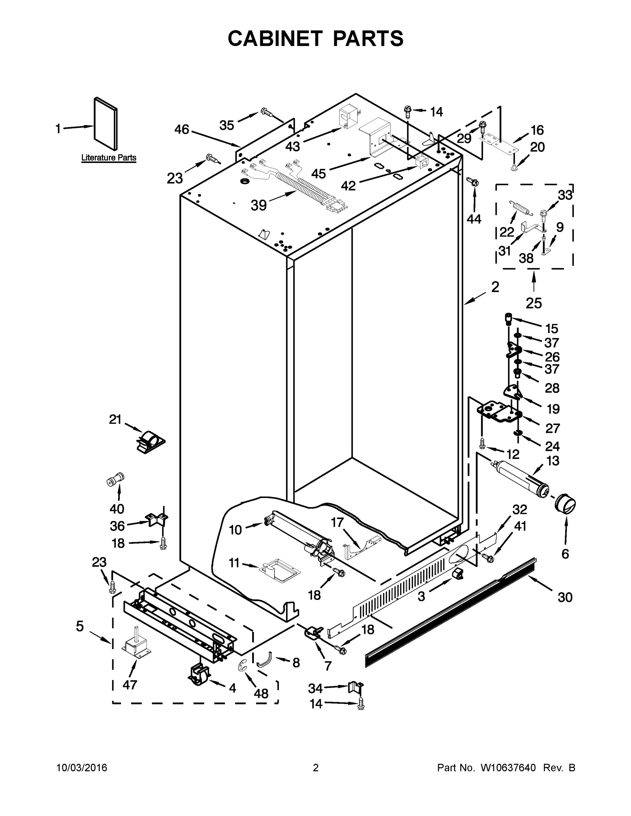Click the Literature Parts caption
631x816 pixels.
pyautogui.click(x=109, y=158)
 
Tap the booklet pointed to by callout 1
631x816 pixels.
pyautogui.click(x=105, y=123)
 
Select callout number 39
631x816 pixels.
pyautogui.click(x=259, y=205)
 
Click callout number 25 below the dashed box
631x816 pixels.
pyautogui.click(x=533, y=303)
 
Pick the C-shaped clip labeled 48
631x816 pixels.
pyautogui.click(x=243, y=665)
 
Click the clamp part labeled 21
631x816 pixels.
pyautogui.click(x=150, y=441)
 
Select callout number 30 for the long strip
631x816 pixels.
pyautogui.click(x=565, y=597)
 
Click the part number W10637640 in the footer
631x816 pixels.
pyautogui.click(x=508, y=768)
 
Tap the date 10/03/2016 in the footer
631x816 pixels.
pyautogui.click(x=82, y=768)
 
